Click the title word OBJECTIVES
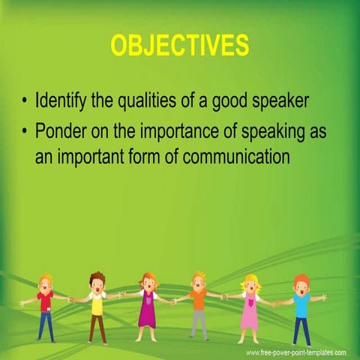click(x=179, y=45)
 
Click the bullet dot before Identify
click(x=25, y=100)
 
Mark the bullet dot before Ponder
click(x=25, y=132)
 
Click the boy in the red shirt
click(x=46, y=304)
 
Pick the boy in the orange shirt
click(x=197, y=304)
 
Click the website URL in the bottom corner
click(x=295, y=352)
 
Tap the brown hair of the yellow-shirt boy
click(x=97, y=277)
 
